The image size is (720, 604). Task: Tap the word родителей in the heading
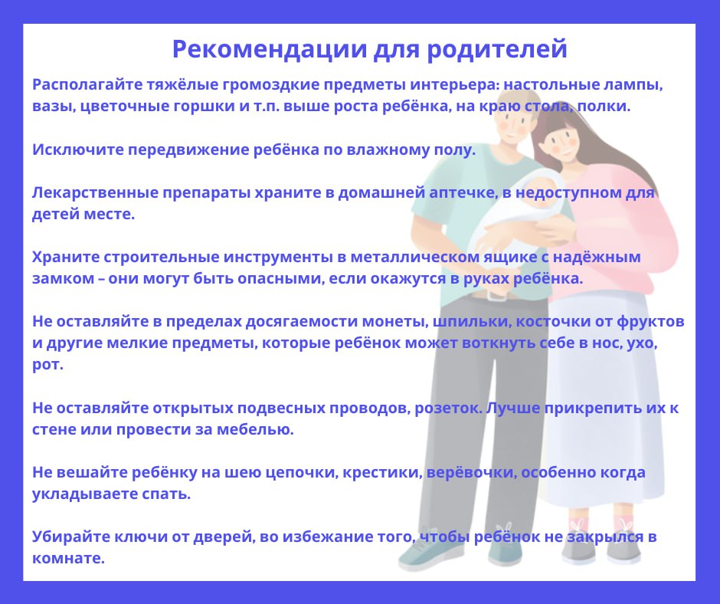pos(497,50)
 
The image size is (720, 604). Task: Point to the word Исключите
pos(77,150)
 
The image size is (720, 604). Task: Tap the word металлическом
pos(415,257)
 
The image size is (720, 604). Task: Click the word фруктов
pos(650,322)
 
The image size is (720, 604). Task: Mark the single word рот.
pos(47,365)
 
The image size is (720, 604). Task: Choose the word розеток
pos(448,409)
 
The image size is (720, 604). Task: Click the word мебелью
pos(255,430)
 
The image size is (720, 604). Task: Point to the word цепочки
pos(302,472)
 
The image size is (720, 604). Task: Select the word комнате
pos(68,559)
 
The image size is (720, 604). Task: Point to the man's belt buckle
pos(496,295)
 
